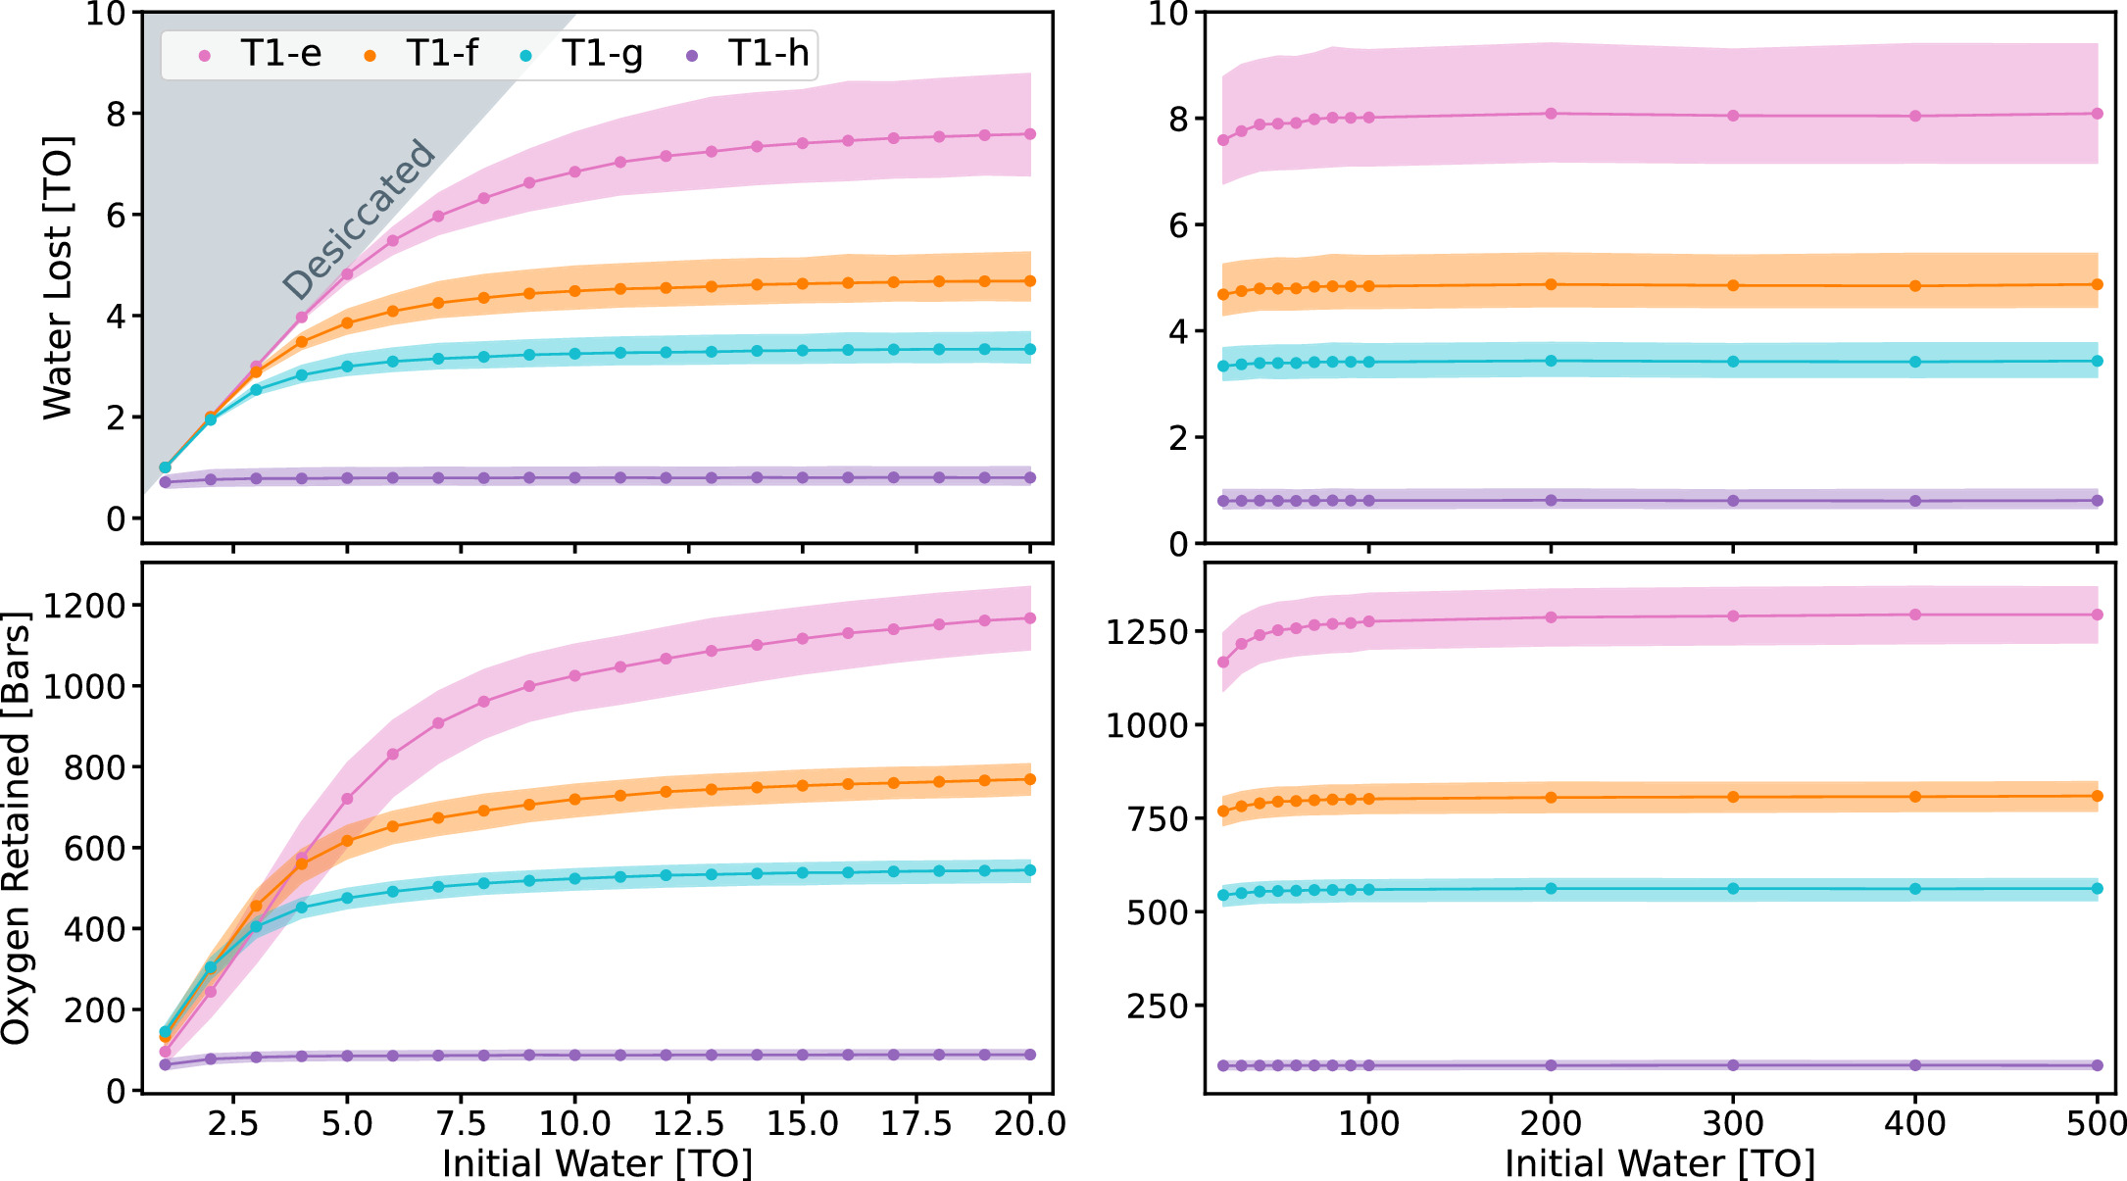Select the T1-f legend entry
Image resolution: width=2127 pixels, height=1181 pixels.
point(423,54)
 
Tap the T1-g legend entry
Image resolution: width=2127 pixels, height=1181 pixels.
point(582,54)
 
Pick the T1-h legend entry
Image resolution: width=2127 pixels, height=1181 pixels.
point(750,54)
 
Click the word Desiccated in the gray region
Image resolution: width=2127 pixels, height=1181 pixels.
point(359,220)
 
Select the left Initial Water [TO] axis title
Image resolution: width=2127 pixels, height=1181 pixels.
point(597,1163)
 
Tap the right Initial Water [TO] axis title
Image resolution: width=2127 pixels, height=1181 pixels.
point(1659,1163)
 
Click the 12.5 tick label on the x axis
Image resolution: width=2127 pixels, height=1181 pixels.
point(688,1123)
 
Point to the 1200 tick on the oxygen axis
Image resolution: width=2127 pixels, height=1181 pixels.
point(85,606)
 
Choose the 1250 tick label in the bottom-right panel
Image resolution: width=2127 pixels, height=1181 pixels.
point(1148,632)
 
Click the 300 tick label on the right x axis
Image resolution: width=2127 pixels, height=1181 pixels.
point(1733,1123)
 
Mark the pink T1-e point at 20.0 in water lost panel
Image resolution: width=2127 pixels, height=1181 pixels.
point(1029,134)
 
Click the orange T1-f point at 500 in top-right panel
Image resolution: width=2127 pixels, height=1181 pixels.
point(2098,284)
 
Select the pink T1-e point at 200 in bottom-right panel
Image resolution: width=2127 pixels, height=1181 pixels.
point(1551,617)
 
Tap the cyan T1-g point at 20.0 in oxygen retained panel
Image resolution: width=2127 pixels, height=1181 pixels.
point(1029,870)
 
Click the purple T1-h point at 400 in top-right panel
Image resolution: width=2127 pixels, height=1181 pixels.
point(1915,501)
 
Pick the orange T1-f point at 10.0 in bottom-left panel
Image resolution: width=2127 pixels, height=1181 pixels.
point(574,800)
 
